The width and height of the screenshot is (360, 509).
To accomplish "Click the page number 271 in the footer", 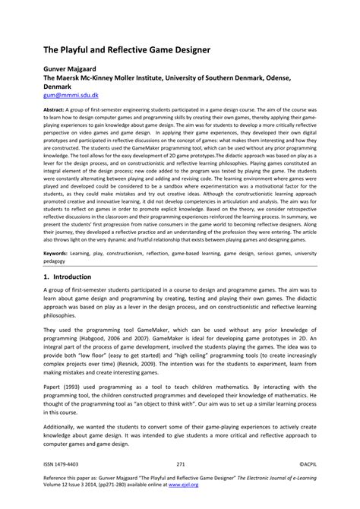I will point(180,463).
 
